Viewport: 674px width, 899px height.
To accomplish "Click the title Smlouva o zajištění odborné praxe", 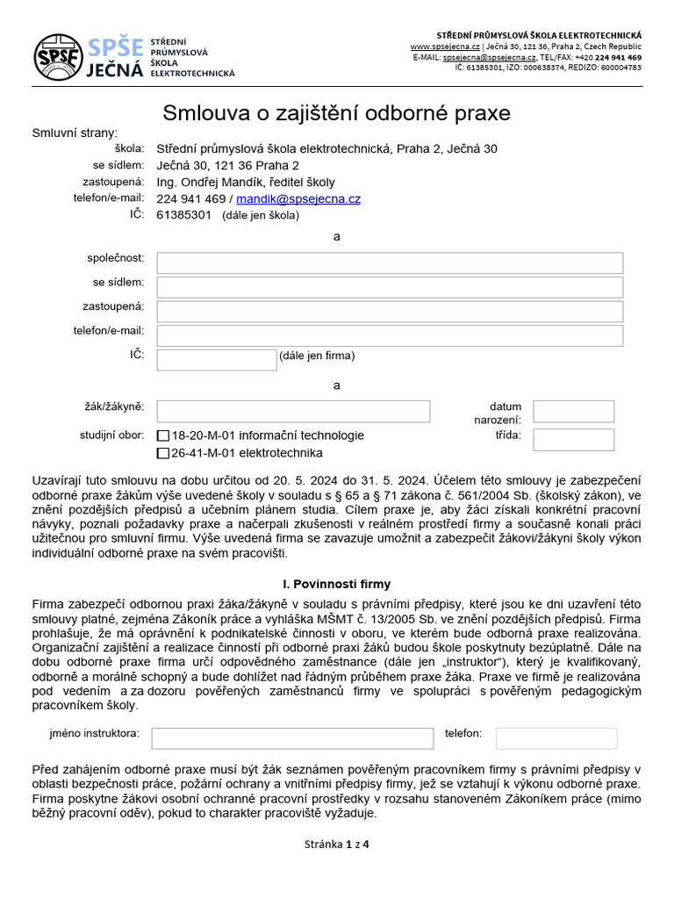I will click(336, 113).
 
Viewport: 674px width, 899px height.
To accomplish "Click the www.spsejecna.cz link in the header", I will click(444, 46).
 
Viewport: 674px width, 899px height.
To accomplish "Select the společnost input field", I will click(390, 263).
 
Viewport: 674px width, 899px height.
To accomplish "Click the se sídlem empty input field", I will click(390, 287).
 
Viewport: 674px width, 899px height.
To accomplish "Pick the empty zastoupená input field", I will click(390, 312).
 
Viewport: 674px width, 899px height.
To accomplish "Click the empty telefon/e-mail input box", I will click(390, 335).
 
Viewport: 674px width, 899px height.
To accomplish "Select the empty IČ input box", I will click(217, 360).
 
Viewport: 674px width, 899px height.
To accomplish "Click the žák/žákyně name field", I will click(293, 412).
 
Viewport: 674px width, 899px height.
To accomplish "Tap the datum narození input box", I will click(573, 412).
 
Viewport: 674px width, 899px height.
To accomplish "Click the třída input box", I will click(573, 440).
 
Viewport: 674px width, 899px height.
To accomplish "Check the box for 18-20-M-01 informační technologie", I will click(163, 436).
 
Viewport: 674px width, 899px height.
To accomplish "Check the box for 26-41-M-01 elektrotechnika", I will click(163, 454).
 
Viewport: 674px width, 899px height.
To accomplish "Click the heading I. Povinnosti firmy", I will click(336, 584).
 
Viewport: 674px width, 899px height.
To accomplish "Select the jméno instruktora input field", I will click(292, 738).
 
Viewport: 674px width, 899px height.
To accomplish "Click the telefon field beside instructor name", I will click(556, 738).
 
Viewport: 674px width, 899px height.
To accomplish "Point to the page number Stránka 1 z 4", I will click(336, 845).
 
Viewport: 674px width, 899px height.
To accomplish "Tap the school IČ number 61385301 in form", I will click(184, 215).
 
